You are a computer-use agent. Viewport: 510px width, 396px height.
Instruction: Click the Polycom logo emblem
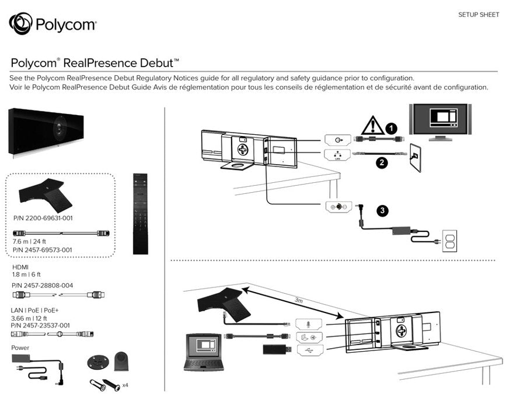coord(20,25)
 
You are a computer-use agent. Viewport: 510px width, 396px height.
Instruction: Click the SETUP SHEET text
coord(478,15)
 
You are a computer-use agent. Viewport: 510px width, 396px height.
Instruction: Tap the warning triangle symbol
coord(370,126)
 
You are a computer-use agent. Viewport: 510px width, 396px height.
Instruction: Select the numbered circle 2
coord(382,163)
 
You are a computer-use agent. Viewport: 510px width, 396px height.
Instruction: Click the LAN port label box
coord(337,154)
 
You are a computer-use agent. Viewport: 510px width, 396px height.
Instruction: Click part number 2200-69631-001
coord(43,218)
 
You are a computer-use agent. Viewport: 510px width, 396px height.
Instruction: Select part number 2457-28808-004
coord(42,284)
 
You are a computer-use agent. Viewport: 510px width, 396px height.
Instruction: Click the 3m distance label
coord(298,300)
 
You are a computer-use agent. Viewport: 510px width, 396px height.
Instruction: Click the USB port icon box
coord(309,349)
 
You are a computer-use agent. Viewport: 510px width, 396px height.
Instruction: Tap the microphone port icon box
coord(309,323)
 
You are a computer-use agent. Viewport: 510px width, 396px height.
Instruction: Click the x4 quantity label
coord(125,386)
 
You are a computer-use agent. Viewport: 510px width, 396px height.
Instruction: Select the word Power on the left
coord(20,348)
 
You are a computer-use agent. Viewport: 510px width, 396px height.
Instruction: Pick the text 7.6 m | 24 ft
coord(29,241)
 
